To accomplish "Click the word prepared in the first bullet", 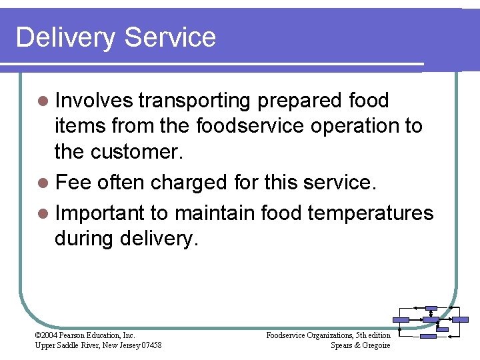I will point(299,101).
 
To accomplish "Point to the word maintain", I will point(214,213).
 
